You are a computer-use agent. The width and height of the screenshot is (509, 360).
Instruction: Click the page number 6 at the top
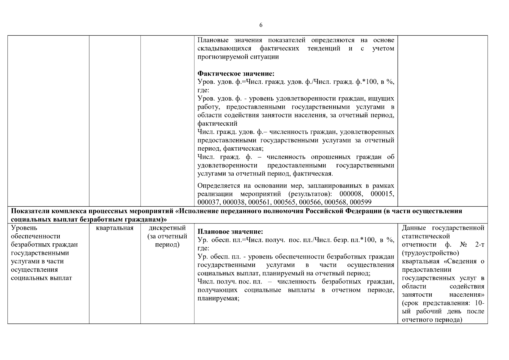(x=261, y=25)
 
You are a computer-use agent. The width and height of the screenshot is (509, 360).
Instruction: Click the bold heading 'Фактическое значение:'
(x=236, y=73)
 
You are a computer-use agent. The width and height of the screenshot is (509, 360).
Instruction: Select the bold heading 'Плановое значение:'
(x=230, y=232)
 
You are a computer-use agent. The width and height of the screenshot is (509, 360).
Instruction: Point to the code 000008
(x=350, y=194)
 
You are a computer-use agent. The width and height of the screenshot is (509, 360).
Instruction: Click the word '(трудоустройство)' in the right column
(x=430, y=253)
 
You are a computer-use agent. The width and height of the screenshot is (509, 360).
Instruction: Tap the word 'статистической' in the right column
(x=426, y=236)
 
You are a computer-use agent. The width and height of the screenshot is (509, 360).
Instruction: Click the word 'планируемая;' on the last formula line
(x=218, y=299)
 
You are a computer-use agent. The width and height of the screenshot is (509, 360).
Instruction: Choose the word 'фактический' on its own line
(x=217, y=124)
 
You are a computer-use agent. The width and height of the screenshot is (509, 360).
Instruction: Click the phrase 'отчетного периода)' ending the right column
(x=432, y=320)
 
